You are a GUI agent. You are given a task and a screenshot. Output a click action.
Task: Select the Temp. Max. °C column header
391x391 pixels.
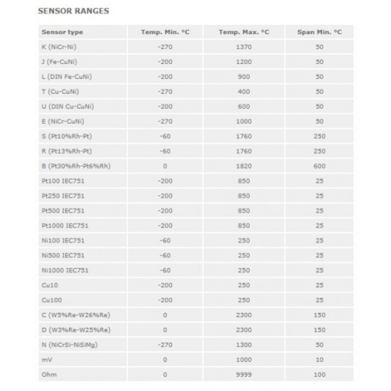(244, 32)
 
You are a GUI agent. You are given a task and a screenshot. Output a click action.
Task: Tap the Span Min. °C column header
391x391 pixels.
(319, 32)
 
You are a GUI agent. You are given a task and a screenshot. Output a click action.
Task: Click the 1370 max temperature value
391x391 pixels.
(244, 47)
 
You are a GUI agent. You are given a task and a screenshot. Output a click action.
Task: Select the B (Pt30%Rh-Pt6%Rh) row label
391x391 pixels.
(76, 166)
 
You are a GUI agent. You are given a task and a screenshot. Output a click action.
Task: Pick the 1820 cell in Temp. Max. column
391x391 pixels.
(244, 166)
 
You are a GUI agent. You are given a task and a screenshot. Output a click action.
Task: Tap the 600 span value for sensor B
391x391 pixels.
(319, 166)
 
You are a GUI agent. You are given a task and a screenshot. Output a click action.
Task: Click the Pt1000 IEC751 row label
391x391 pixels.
(65, 225)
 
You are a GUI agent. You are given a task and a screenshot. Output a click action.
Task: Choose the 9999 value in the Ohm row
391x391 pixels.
(244, 375)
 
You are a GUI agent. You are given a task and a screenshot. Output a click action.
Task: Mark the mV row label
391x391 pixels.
(46, 360)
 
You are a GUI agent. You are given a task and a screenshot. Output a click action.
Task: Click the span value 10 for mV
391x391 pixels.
(319, 360)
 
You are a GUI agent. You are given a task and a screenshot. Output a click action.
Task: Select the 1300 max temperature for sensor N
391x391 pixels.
(244, 345)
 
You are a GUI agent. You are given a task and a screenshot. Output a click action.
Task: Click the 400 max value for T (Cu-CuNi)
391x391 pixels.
(244, 91)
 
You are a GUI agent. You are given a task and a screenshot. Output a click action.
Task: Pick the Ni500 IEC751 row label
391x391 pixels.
(63, 255)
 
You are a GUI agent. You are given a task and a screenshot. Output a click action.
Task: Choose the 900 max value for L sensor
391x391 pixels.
(244, 76)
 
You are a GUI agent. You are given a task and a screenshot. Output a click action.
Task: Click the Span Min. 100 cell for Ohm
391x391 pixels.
(319, 375)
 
